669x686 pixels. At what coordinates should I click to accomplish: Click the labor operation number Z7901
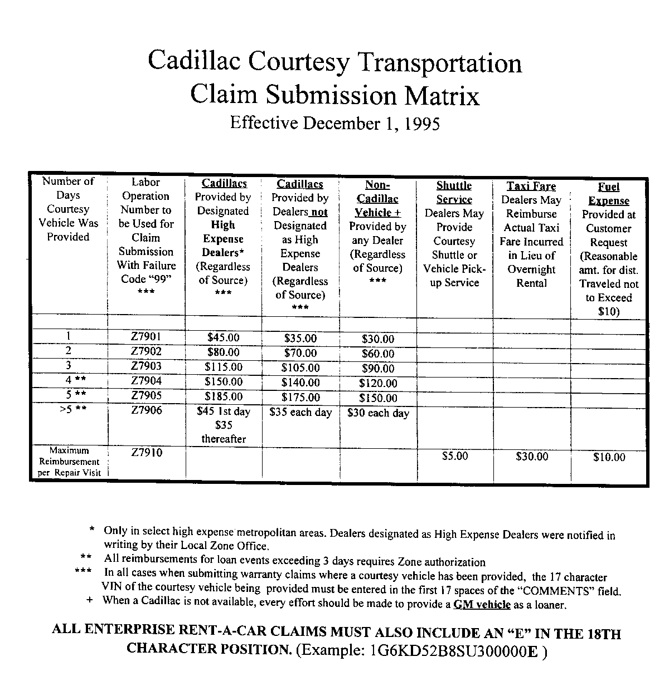[x=146, y=336]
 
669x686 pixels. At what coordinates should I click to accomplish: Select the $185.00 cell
[x=223, y=397]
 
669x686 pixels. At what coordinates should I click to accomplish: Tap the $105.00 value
[x=300, y=368]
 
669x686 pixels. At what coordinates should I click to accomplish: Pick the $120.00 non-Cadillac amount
[x=378, y=383]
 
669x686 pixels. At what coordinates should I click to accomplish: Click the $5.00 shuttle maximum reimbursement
[x=455, y=456]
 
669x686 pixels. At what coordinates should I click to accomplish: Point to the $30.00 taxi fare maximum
[x=532, y=457]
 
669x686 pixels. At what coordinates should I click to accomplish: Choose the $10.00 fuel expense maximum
[x=609, y=457]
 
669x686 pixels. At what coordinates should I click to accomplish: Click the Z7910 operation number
[x=147, y=453]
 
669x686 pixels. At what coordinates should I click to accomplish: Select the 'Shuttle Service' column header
[x=454, y=193]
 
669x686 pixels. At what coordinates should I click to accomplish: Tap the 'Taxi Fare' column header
[x=531, y=187]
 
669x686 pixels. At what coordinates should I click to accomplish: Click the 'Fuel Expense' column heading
[x=609, y=194]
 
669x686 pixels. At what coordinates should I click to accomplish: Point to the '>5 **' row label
[x=69, y=411]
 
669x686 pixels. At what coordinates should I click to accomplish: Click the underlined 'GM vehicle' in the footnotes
[x=482, y=605]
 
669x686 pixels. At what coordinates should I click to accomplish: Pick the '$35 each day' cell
[x=300, y=413]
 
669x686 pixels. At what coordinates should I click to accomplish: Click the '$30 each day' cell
[x=378, y=413]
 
